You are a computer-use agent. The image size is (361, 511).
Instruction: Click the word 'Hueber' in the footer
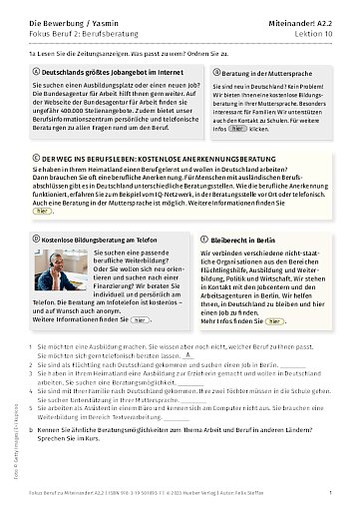tap(219, 493)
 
